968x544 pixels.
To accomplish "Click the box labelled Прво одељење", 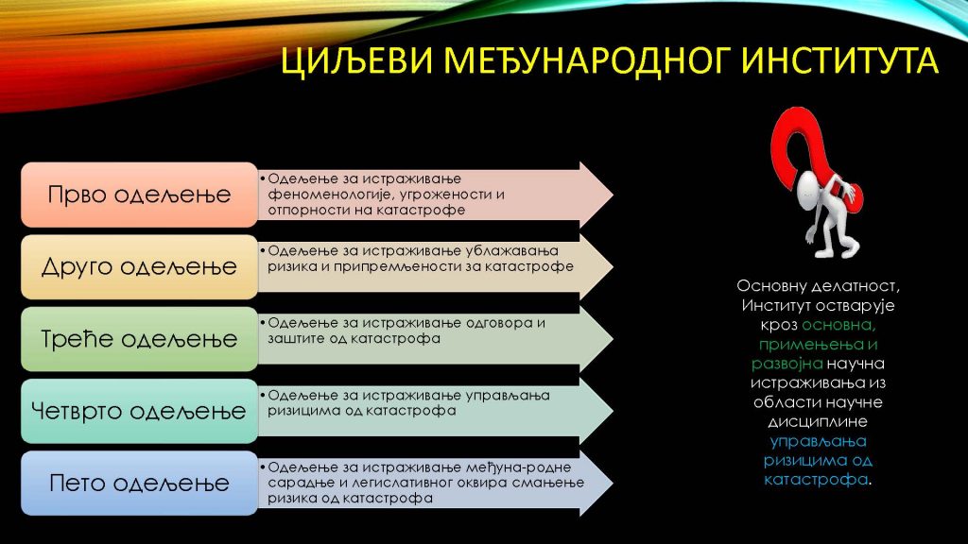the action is point(140,195).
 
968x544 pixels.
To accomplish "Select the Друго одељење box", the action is point(140,267).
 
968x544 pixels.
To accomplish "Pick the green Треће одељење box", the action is point(140,339).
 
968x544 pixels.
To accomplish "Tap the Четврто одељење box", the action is point(140,412).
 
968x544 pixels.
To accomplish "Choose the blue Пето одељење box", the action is point(140,484).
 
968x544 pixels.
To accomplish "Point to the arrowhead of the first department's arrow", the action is point(596,195).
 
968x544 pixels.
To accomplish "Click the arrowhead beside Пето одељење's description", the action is point(596,484).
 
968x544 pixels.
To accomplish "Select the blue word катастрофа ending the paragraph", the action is point(816,479).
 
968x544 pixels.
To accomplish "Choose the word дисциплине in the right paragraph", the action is point(818,422).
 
